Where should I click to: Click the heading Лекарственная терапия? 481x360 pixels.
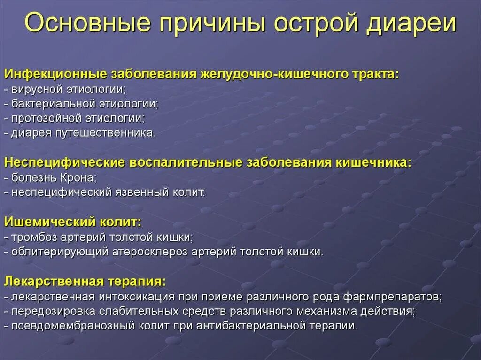[85, 281]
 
